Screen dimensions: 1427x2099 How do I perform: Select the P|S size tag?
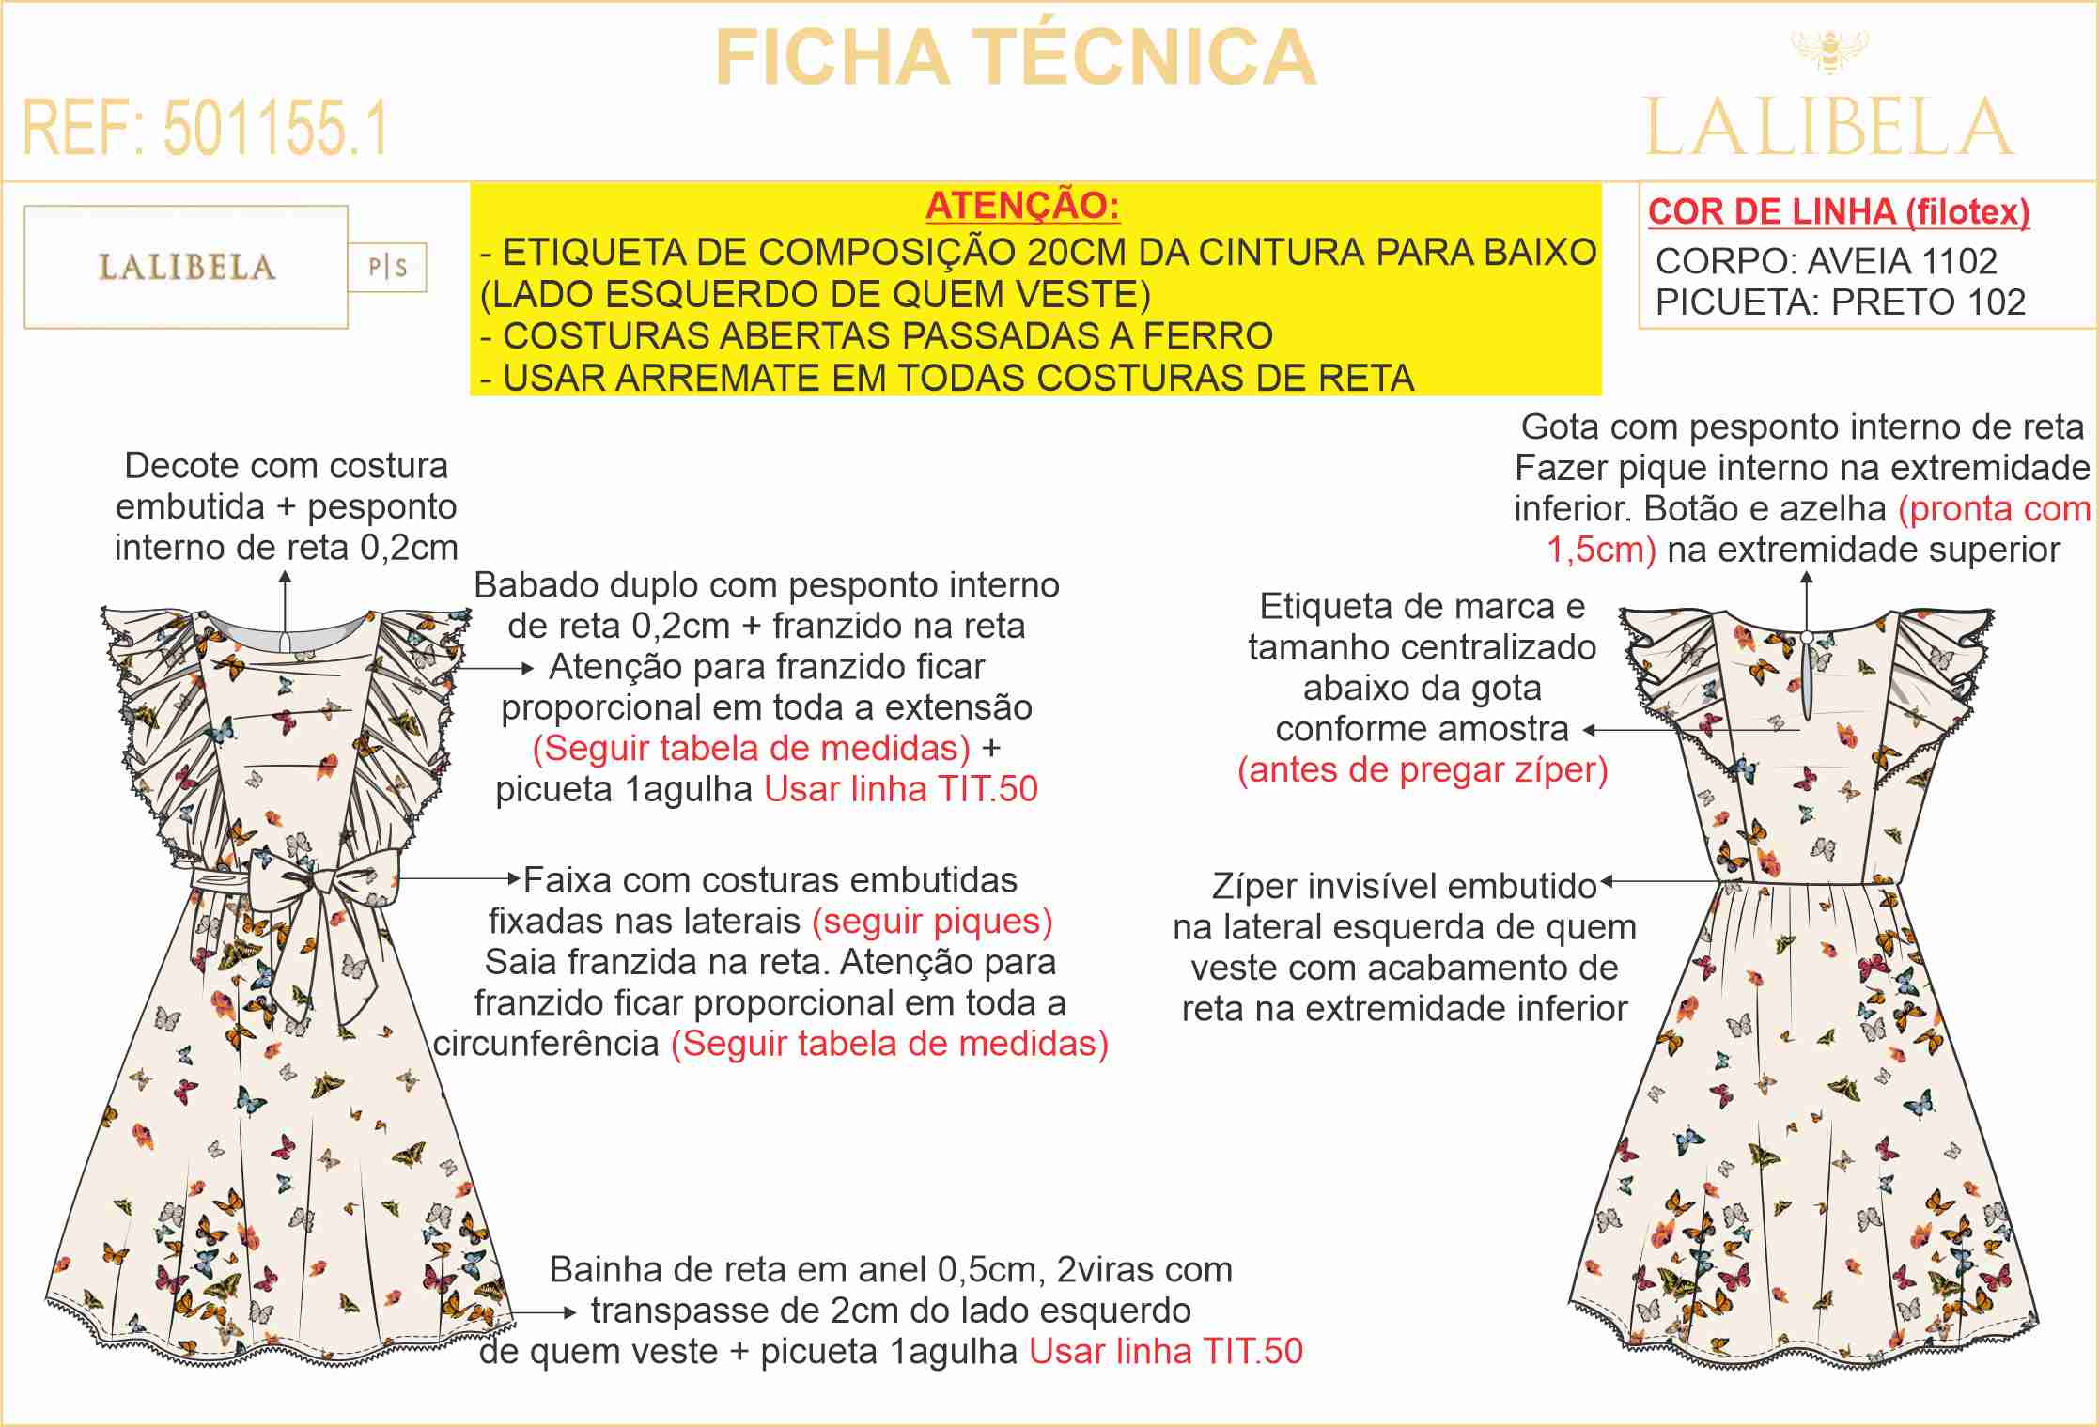coord(387,268)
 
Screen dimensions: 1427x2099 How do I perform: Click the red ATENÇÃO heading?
coord(1022,206)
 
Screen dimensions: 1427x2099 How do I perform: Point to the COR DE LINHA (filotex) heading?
coord(1838,212)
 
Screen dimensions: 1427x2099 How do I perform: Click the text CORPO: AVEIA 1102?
coord(1826,261)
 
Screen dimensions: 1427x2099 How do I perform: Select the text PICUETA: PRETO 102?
coord(1840,302)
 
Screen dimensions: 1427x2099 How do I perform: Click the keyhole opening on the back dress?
coord(1806,672)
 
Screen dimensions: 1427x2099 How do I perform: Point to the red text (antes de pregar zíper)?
coord(1423,770)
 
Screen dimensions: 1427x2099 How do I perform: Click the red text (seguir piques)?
coord(932,922)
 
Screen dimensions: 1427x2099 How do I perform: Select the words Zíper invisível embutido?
coord(1404,886)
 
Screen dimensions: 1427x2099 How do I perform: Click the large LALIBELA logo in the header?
coord(1828,129)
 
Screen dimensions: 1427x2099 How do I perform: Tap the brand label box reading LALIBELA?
coord(186,268)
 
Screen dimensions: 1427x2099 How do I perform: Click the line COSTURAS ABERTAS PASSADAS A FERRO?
coord(887,336)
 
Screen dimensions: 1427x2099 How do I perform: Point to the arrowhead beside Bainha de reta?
coord(569,1312)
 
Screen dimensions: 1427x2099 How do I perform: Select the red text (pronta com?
coord(1994,509)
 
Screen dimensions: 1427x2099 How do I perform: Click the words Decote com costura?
coord(286,466)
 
